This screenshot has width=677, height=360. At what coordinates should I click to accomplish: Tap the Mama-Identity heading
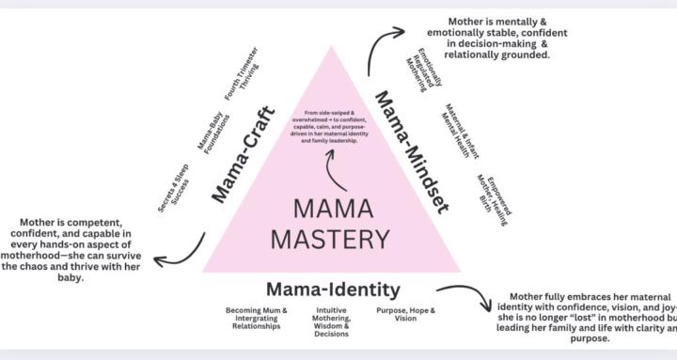[333, 289]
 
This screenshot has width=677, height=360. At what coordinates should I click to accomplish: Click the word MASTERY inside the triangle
[329, 239]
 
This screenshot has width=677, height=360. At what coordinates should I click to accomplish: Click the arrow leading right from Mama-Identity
[465, 296]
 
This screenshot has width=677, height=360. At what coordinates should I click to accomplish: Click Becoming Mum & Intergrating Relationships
[257, 315]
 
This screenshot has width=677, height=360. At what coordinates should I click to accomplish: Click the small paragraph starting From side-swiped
[331, 126]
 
